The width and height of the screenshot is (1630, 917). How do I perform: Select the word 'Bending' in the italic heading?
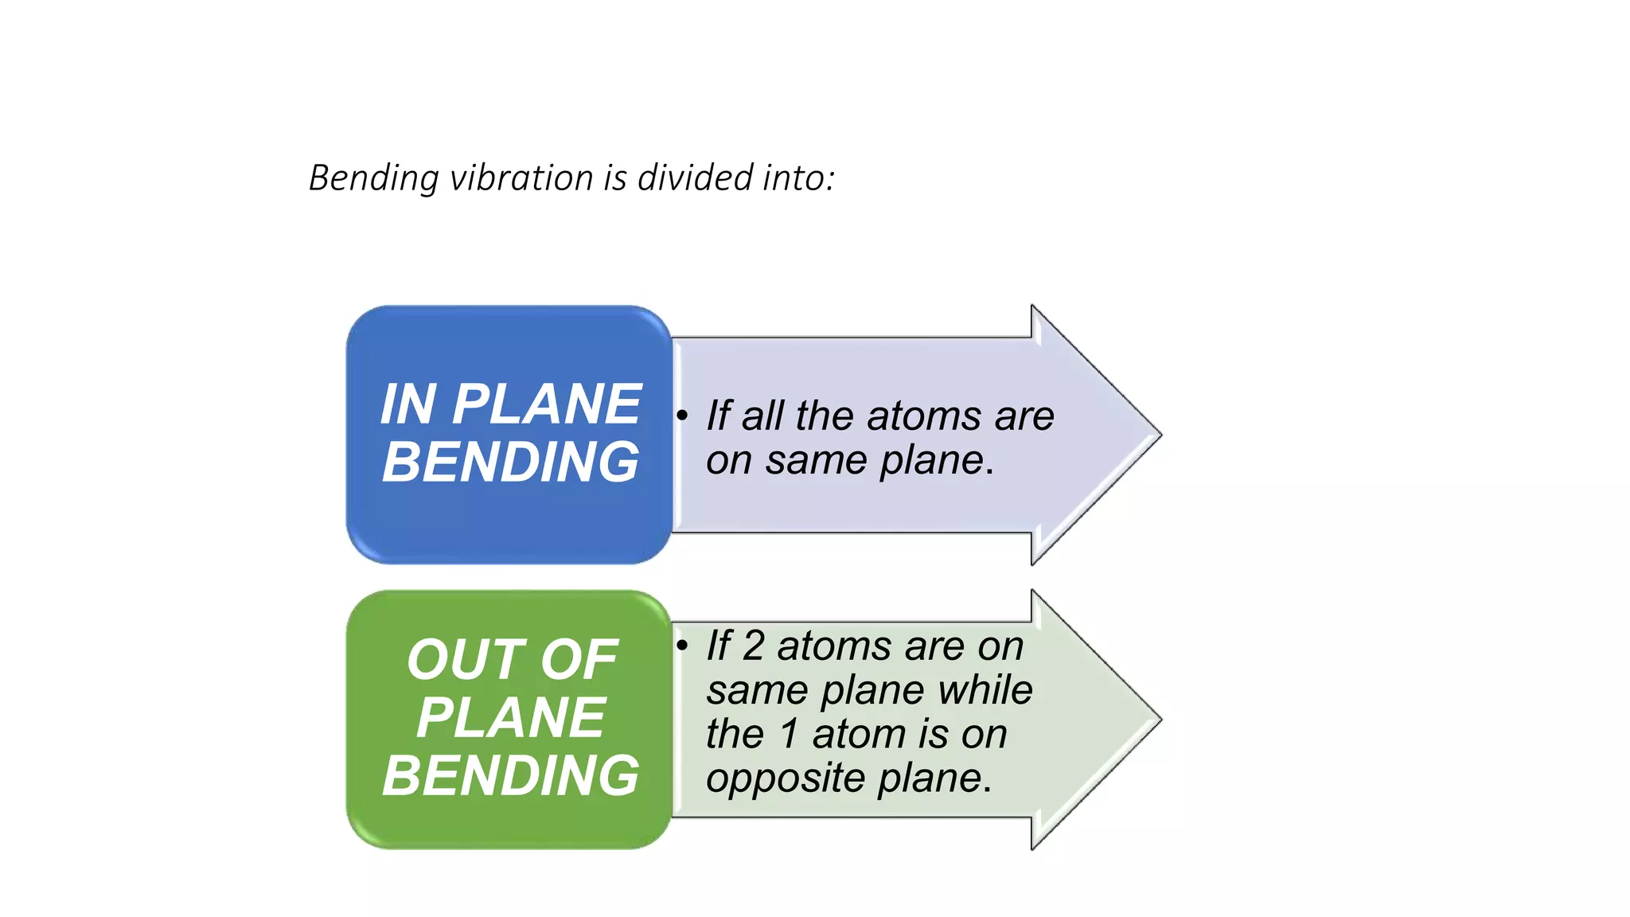(x=373, y=178)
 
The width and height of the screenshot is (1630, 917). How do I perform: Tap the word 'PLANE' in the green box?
(x=510, y=718)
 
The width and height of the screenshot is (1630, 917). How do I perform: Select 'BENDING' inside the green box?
(x=510, y=775)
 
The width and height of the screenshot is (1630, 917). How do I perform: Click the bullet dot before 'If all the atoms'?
(x=682, y=416)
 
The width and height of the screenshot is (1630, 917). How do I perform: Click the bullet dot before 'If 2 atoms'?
(x=682, y=645)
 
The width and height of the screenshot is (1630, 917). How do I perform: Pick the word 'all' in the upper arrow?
(x=763, y=416)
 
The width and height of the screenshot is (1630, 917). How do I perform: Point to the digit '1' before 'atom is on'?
(x=789, y=733)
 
